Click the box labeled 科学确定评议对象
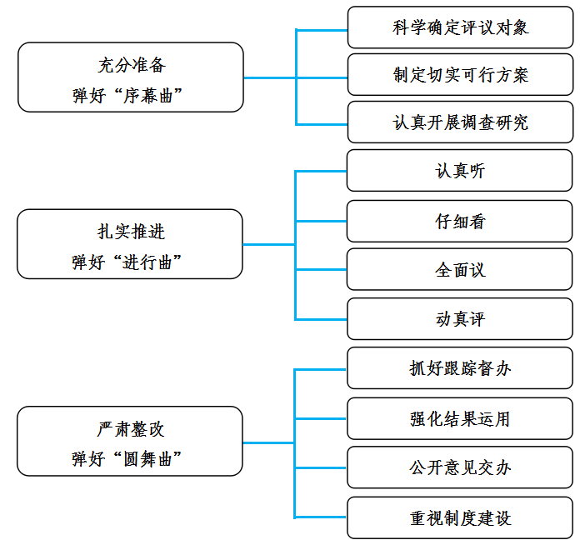pyautogui.click(x=461, y=27)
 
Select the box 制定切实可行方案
pyautogui.click(x=461, y=75)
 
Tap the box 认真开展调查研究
pyautogui.click(x=461, y=122)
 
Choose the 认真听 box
pyautogui.click(x=460, y=171)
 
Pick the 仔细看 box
pyautogui.click(x=460, y=221)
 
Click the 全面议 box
pyautogui.click(x=460, y=270)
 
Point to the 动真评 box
pyautogui.click(x=460, y=319)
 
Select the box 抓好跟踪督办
pyautogui.click(x=460, y=368)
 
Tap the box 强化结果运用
pyautogui.click(x=460, y=418)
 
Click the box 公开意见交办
pyautogui.click(x=460, y=467)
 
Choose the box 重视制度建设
pyautogui.click(x=460, y=517)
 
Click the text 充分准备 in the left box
pyautogui.click(x=132, y=65)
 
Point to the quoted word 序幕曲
pyautogui.click(x=148, y=96)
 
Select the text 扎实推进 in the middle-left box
pyautogui.click(x=131, y=232)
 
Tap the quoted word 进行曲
pyautogui.click(x=147, y=262)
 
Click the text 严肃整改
pyautogui.click(x=131, y=429)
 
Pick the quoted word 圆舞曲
pyautogui.click(x=147, y=459)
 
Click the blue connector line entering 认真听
pyautogui.click(x=321, y=172)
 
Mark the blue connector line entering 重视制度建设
pyautogui.click(x=320, y=517)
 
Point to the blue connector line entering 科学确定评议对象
pyautogui.click(x=322, y=30)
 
